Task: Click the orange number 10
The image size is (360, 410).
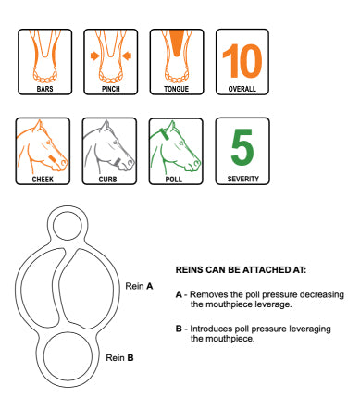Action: pos(242,61)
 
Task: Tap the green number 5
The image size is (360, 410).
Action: pos(242,146)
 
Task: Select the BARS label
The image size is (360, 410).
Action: pos(45,89)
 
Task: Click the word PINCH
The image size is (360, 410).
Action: pos(111,89)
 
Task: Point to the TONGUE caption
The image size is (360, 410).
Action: pos(177,89)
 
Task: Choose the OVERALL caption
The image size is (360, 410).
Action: pos(242,89)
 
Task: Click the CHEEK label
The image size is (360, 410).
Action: pos(43,180)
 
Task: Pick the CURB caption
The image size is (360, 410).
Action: pos(108,180)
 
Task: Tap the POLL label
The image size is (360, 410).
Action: pos(174,180)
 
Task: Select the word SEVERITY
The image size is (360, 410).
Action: pos(243,179)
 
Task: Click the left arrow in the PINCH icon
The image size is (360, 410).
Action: pos(95,56)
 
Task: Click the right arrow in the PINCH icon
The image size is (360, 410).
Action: pos(127,56)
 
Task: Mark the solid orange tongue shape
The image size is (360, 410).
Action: pos(177,43)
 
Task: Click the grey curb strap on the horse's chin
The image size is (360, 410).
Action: pos(118,162)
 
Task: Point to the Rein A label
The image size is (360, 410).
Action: pos(139,286)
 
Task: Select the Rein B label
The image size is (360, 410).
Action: pos(119,358)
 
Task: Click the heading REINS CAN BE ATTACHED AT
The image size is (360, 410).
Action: pos(241,270)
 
